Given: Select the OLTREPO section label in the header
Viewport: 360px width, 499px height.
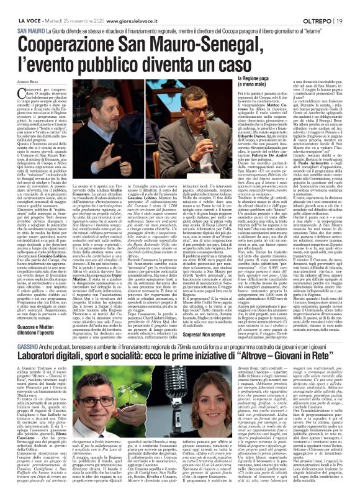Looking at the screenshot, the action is coord(323,6).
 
